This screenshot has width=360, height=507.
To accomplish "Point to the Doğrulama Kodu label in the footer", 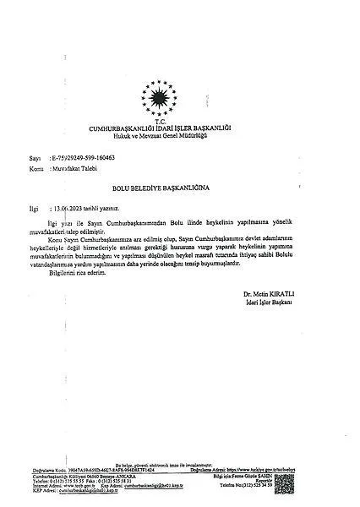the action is (x=37, y=469).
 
